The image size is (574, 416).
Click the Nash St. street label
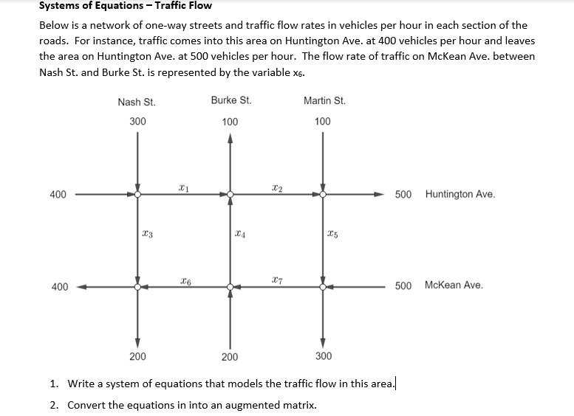136,102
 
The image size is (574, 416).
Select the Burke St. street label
230,100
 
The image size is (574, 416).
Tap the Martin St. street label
324,100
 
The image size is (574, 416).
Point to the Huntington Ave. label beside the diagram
460,195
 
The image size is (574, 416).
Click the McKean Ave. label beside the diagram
454,285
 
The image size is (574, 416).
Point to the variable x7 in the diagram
276,280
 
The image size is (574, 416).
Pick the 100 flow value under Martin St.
322,121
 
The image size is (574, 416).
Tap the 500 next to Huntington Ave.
403,195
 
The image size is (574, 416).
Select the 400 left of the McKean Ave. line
59,286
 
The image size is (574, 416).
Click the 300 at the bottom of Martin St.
324,356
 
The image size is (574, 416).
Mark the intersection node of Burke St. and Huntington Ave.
230,195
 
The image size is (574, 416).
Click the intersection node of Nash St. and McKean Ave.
137,286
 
